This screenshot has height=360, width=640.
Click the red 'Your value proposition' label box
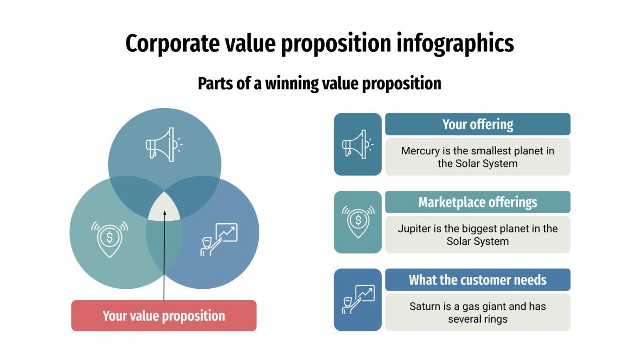(164, 316)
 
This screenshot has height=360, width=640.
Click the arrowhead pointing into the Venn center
(164, 213)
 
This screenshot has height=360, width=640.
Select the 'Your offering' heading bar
(477, 124)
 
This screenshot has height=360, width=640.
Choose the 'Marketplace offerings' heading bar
(477, 202)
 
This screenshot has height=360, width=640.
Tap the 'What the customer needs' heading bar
(477, 280)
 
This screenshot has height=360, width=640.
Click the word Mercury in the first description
(420, 151)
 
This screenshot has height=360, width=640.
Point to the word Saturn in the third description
(425, 306)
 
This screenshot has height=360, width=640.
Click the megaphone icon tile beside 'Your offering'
(357, 144)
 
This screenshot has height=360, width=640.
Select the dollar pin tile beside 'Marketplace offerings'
(357, 222)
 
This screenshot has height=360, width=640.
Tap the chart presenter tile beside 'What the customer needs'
(357, 300)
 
